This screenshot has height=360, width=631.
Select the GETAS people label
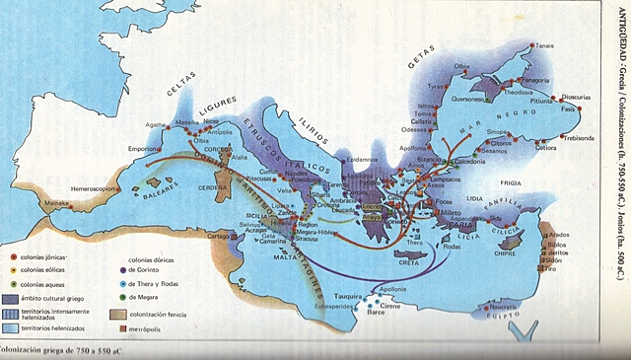click(x=426, y=62)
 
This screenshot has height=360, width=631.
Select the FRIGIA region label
click(x=537, y=183)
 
